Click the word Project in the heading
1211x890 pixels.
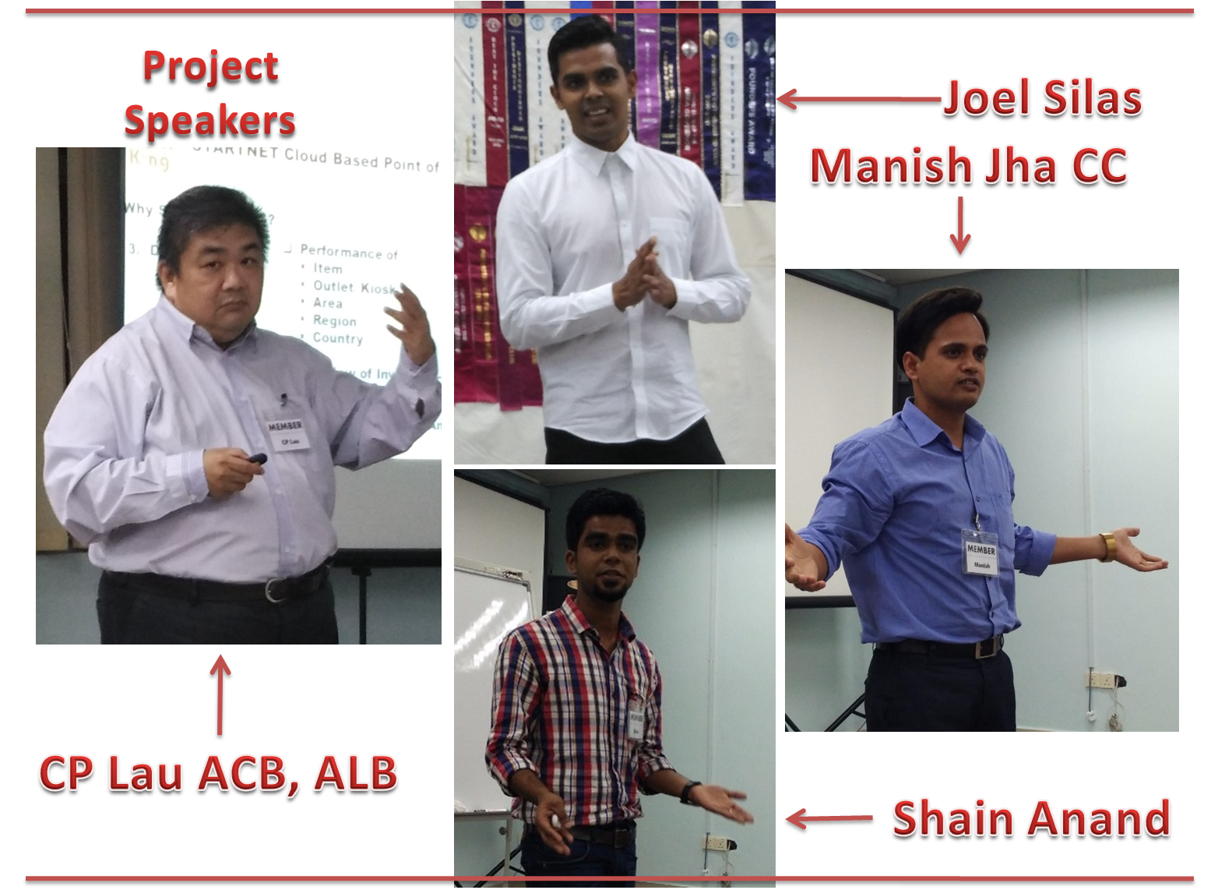(211, 68)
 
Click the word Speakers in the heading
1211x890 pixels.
(209, 121)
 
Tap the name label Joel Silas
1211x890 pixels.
(1043, 99)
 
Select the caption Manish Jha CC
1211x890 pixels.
(969, 166)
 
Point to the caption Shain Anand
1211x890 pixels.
(1031, 818)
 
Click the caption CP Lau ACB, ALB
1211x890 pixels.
(218, 774)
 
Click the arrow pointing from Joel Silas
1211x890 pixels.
(857, 100)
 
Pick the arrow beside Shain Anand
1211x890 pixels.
(828, 820)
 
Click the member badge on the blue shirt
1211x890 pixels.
(980, 553)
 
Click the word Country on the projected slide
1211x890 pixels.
(337, 338)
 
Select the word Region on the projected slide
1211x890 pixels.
(334, 320)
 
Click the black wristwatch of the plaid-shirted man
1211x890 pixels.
(689, 792)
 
